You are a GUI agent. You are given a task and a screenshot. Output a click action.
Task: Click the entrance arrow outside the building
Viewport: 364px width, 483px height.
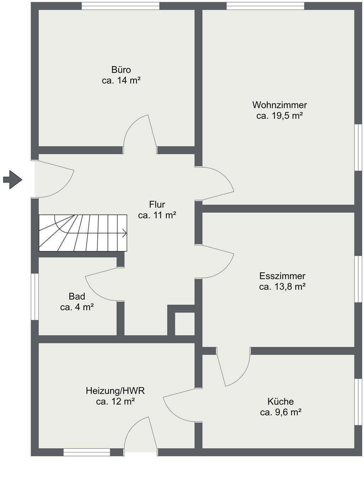[12, 179]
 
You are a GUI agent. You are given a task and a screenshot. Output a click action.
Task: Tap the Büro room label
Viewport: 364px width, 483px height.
[121, 70]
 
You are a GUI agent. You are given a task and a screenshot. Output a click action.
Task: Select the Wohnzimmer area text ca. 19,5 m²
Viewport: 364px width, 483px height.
[279, 116]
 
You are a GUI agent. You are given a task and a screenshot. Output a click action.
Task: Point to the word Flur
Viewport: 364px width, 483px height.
[157, 204]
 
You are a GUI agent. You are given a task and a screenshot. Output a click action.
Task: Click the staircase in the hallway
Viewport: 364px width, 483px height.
[83, 233]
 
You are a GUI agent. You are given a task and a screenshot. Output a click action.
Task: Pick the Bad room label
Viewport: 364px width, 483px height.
[77, 296]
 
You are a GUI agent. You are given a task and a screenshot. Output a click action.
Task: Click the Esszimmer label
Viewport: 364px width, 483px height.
[282, 276]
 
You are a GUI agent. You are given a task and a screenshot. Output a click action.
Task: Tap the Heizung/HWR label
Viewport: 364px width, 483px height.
[115, 391]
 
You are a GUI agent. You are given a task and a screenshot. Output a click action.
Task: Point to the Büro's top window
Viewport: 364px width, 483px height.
[121, 6]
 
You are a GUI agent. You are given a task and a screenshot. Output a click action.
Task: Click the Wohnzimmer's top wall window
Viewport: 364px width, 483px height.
[265, 6]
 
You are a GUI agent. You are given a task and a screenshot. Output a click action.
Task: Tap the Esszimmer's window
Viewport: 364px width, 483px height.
[358, 279]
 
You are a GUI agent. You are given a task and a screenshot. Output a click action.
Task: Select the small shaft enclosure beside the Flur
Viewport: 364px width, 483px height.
[184, 324]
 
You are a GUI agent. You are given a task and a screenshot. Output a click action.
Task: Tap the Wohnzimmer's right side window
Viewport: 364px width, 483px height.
[358, 147]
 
